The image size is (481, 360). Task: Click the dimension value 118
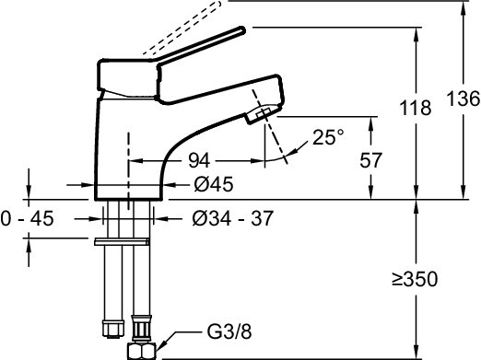(x=416, y=108)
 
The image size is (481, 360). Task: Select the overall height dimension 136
(x=463, y=99)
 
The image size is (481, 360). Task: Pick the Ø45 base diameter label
(x=214, y=184)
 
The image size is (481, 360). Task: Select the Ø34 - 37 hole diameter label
(x=232, y=218)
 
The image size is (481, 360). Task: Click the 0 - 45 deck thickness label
(x=29, y=218)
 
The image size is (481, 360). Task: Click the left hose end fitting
(x=109, y=328)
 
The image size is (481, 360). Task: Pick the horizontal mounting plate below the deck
(x=121, y=241)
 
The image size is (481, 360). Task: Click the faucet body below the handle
(x=129, y=138)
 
